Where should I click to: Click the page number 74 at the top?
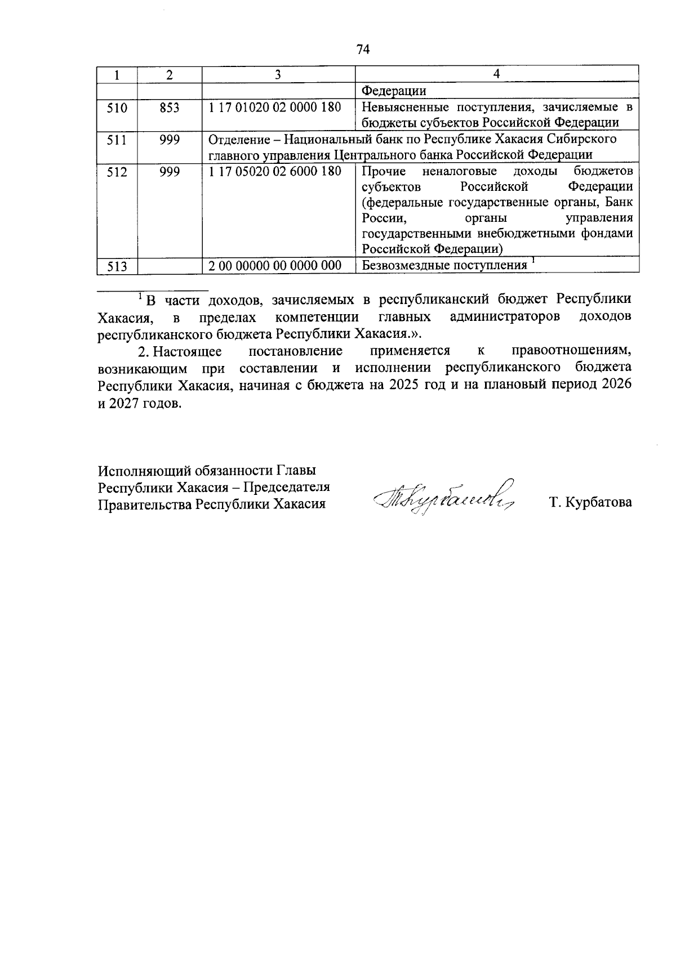(x=363, y=50)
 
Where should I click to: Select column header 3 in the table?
(x=278, y=74)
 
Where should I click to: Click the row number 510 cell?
(x=117, y=107)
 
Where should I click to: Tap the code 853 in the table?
(x=169, y=107)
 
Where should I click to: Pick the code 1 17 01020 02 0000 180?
(x=275, y=107)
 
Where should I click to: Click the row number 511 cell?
(x=117, y=139)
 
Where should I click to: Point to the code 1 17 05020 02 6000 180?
(x=275, y=171)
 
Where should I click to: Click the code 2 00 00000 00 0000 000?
(x=275, y=266)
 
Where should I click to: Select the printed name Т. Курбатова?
(x=590, y=502)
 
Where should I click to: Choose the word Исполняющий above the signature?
(x=143, y=470)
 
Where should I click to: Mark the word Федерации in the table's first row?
(x=394, y=91)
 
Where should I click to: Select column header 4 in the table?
(x=496, y=74)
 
